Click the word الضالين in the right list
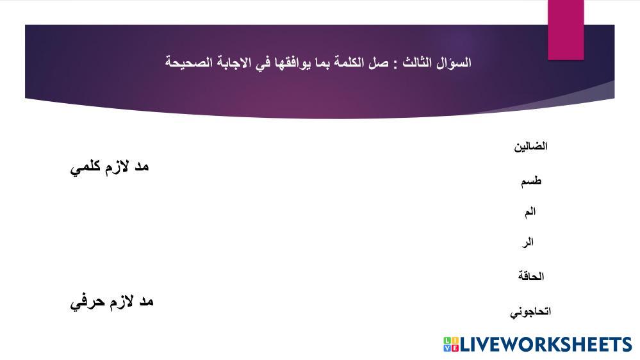click(530, 146)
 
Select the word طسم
click(531, 181)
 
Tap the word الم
click(530, 212)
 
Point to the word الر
click(528, 243)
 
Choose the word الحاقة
click(531, 276)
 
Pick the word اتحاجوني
click(530, 312)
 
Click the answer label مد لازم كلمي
click(110, 167)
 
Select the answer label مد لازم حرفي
click(111, 302)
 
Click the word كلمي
click(85, 167)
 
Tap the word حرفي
click(85, 303)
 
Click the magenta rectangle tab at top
click(566, 30)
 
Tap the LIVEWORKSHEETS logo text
click(546, 345)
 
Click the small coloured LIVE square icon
click(451, 345)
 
